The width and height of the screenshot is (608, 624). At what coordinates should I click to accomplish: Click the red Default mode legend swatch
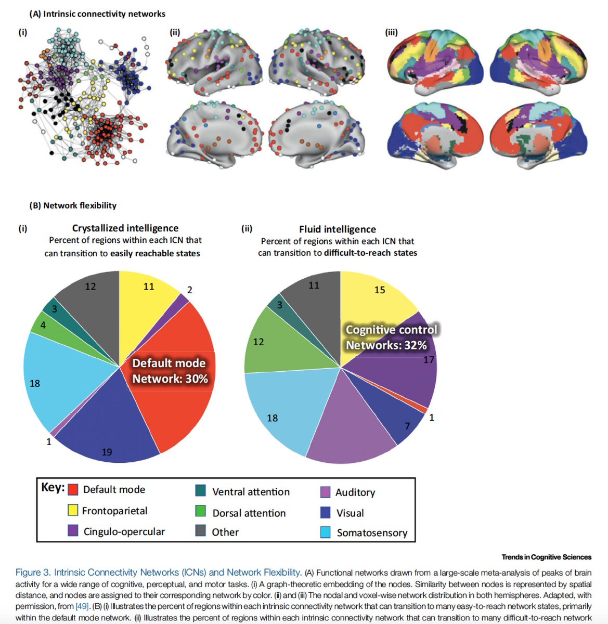(x=73, y=489)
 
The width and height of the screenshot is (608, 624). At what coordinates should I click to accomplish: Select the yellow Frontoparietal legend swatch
(x=73, y=510)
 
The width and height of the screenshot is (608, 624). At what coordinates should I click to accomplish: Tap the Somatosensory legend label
(x=372, y=533)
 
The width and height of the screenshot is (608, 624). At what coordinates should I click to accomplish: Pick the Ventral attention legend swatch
(x=200, y=491)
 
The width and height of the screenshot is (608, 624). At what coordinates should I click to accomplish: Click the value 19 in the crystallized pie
(x=107, y=452)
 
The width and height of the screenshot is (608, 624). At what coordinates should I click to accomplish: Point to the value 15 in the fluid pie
(x=380, y=290)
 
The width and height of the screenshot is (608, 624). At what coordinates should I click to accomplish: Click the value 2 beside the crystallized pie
(x=189, y=290)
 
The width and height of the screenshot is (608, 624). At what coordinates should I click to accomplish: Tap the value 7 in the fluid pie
(x=407, y=426)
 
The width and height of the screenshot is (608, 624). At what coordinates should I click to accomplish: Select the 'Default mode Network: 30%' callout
(x=170, y=371)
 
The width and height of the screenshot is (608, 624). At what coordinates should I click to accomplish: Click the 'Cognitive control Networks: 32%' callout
(x=391, y=337)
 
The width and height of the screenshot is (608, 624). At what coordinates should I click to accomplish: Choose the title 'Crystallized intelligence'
(x=125, y=228)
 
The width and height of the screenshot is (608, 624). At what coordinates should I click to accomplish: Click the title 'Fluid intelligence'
(x=337, y=229)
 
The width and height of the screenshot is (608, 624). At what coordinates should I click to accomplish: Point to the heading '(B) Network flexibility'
(x=73, y=205)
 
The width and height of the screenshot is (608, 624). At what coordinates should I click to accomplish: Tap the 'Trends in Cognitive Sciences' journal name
(x=546, y=557)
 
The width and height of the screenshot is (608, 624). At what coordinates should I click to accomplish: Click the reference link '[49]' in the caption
(x=82, y=606)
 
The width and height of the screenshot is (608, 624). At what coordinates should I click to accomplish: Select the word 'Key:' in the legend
(x=53, y=488)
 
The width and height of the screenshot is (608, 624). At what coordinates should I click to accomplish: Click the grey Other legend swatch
(x=200, y=530)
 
